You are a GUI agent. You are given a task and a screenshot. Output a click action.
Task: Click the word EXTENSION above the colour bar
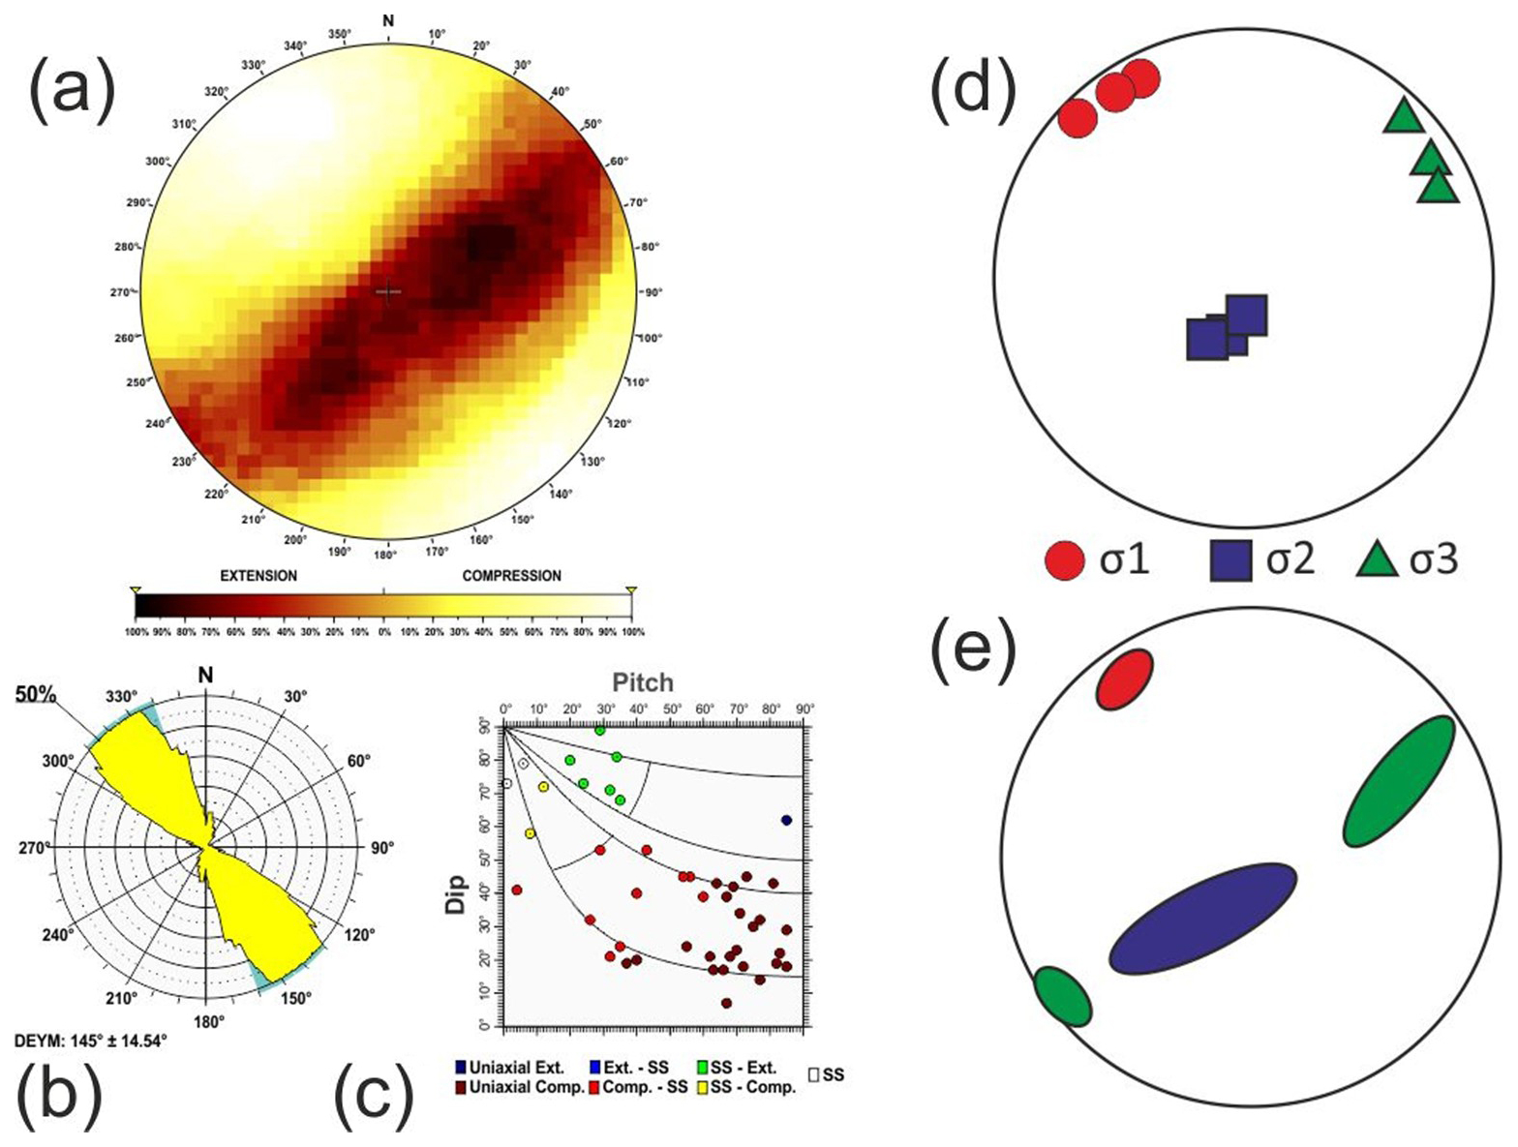258,576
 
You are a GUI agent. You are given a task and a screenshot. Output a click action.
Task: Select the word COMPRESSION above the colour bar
511,576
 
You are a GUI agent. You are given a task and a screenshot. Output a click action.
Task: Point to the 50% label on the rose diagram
36,695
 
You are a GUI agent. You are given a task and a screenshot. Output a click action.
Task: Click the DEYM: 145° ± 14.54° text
91,1041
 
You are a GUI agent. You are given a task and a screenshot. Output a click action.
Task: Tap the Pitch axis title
643,683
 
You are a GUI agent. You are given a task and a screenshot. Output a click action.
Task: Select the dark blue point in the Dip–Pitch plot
786,820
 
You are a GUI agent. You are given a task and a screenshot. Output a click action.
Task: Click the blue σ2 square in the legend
1230,560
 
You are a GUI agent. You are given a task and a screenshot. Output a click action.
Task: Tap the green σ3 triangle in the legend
1377,560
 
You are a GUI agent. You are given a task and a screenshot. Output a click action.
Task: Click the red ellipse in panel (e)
1125,679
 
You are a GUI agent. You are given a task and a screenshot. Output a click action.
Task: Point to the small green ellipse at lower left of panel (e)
1062,995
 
